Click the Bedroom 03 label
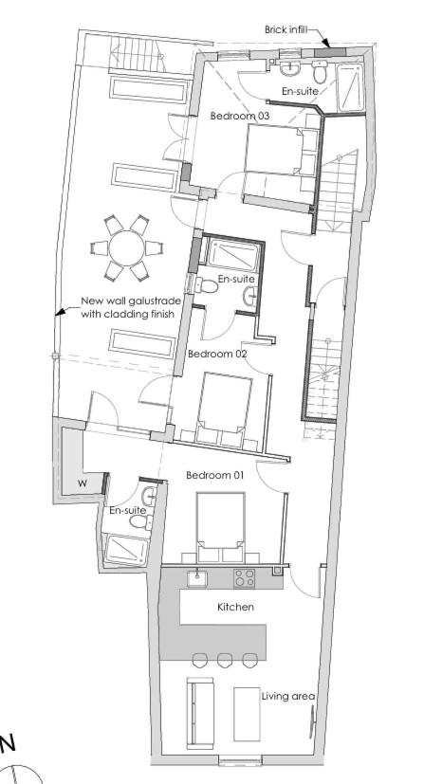240,115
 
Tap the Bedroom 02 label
217,354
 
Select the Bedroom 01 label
214,474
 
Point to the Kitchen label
235,607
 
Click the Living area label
287,696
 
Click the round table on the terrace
125,248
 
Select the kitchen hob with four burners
244,577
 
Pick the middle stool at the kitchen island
225,660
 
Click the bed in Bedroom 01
221,526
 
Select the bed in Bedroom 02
225,410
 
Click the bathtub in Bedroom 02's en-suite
228,255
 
